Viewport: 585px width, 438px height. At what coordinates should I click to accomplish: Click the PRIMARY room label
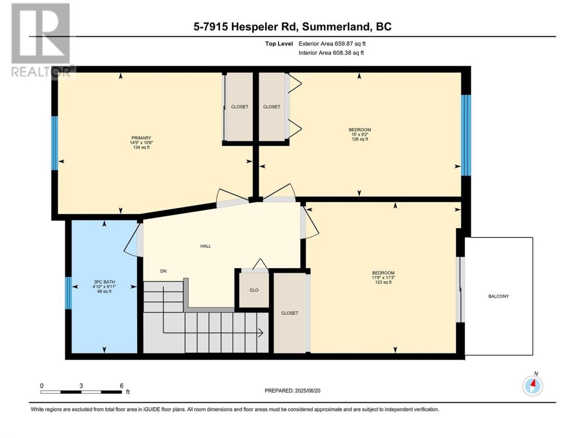pyautogui.click(x=141, y=138)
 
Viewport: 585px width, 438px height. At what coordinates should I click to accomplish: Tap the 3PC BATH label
pyautogui.click(x=104, y=282)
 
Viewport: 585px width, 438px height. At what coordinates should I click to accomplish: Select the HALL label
pyautogui.click(x=206, y=246)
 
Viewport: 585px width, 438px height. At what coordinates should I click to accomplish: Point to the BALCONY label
pyautogui.click(x=498, y=296)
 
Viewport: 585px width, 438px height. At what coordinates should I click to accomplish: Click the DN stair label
pyautogui.click(x=163, y=271)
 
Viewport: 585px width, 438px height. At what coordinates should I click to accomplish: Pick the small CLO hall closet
pyautogui.click(x=254, y=290)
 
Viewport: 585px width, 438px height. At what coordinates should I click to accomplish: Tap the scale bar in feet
pyautogui.click(x=81, y=392)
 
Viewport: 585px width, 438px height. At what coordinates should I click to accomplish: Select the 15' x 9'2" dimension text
pyautogui.click(x=360, y=135)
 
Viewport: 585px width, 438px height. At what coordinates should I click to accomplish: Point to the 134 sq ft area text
pyautogui.click(x=141, y=147)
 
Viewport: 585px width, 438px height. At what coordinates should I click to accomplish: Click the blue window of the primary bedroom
pyautogui.click(x=55, y=143)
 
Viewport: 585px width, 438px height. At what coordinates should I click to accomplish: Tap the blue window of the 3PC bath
pyautogui.click(x=69, y=293)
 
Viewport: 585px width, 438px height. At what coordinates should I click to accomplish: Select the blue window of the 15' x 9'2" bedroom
pyautogui.click(x=466, y=136)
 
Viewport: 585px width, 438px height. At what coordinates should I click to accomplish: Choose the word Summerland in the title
pyautogui.click(x=336, y=27)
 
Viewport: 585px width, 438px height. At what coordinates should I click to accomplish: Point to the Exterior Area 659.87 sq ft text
pyautogui.click(x=332, y=44)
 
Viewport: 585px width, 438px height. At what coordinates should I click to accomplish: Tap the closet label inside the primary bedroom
pyautogui.click(x=239, y=107)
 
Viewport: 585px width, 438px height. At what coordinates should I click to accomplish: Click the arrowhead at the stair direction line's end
pyautogui.click(x=261, y=333)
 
